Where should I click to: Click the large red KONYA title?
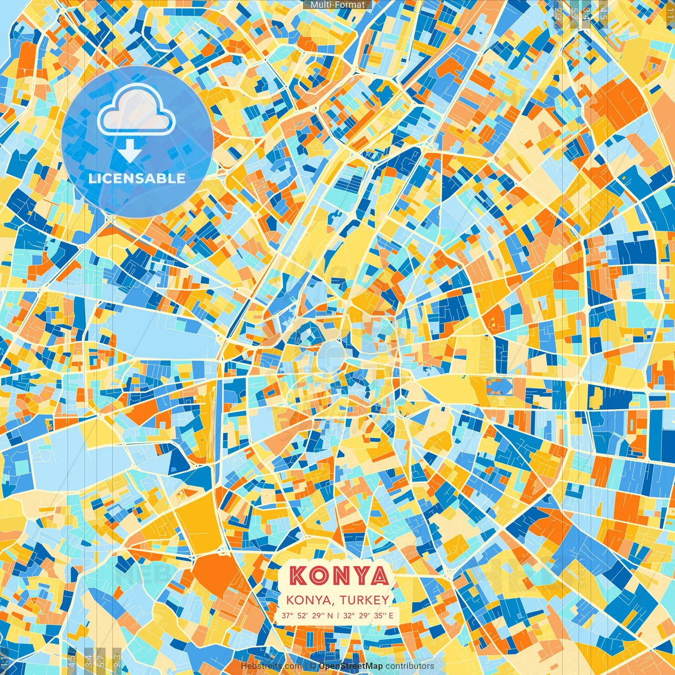pos(339,576)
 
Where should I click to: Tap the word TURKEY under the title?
pos(365,600)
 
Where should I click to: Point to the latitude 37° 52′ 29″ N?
pos(307,615)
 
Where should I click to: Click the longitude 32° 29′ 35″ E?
pos(368,615)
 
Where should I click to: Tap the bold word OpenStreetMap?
pos(351,666)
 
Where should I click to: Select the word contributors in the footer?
pos(410,666)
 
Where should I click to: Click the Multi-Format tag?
pos(337,5)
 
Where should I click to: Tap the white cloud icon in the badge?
pos(136,109)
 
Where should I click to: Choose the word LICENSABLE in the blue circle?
pos(137,178)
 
